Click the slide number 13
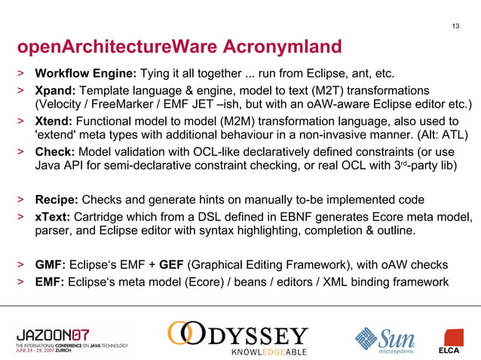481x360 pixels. (x=455, y=28)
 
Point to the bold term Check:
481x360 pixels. (x=55, y=152)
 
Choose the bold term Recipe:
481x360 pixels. (x=57, y=200)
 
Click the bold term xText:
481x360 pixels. (x=54, y=216)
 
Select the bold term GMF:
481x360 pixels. (x=50, y=265)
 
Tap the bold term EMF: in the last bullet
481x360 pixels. (x=50, y=282)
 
